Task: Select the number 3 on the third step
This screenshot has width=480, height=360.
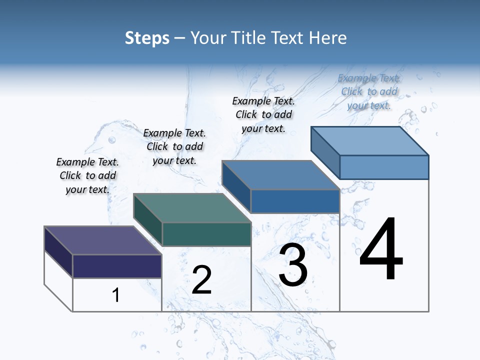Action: pyautogui.click(x=293, y=265)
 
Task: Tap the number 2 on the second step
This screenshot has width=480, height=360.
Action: pyautogui.click(x=201, y=279)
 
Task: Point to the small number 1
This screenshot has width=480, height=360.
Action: pyautogui.click(x=116, y=295)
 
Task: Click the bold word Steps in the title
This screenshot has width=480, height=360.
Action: pyautogui.click(x=147, y=38)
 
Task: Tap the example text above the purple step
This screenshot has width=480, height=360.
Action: pyautogui.click(x=87, y=175)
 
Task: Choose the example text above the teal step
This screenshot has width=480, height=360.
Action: pyautogui.click(x=174, y=146)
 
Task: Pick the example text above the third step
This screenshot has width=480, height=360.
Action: pyautogui.click(x=263, y=114)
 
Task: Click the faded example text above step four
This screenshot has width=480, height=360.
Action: pyautogui.click(x=369, y=91)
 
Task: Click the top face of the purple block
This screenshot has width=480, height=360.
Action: pyautogui.click(x=102, y=240)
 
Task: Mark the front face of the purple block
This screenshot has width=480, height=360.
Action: pyautogui.click(x=117, y=266)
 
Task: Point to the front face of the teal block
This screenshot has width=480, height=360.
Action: pyautogui.click(x=206, y=234)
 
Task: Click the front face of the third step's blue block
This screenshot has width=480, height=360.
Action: pyautogui.click(x=295, y=201)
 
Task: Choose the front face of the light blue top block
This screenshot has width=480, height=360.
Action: pyautogui.click(x=384, y=167)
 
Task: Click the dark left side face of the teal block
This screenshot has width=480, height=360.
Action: pyautogui.click(x=148, y=219)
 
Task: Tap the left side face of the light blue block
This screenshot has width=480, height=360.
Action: pyautogui.click(x=325, y=153)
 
